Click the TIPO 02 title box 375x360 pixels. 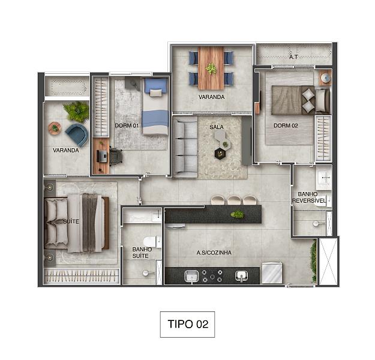coord(187,325)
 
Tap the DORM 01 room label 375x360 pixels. coord(127,125)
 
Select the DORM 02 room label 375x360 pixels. coord(286,125)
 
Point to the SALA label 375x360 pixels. coord(217,127)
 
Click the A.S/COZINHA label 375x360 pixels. coord(214,253)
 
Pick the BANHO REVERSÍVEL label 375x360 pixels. coord(309,197)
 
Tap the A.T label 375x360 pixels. coord(293,58)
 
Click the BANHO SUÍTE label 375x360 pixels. coord(142,253)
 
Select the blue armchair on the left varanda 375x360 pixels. coord(77,133)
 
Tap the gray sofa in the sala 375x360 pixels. coord(185,146)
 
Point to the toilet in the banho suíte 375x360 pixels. coord(151,241)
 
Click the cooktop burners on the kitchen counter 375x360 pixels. coord(212,275)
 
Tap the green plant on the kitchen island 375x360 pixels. coord(237,214)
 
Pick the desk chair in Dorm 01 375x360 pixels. coord(115,155)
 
